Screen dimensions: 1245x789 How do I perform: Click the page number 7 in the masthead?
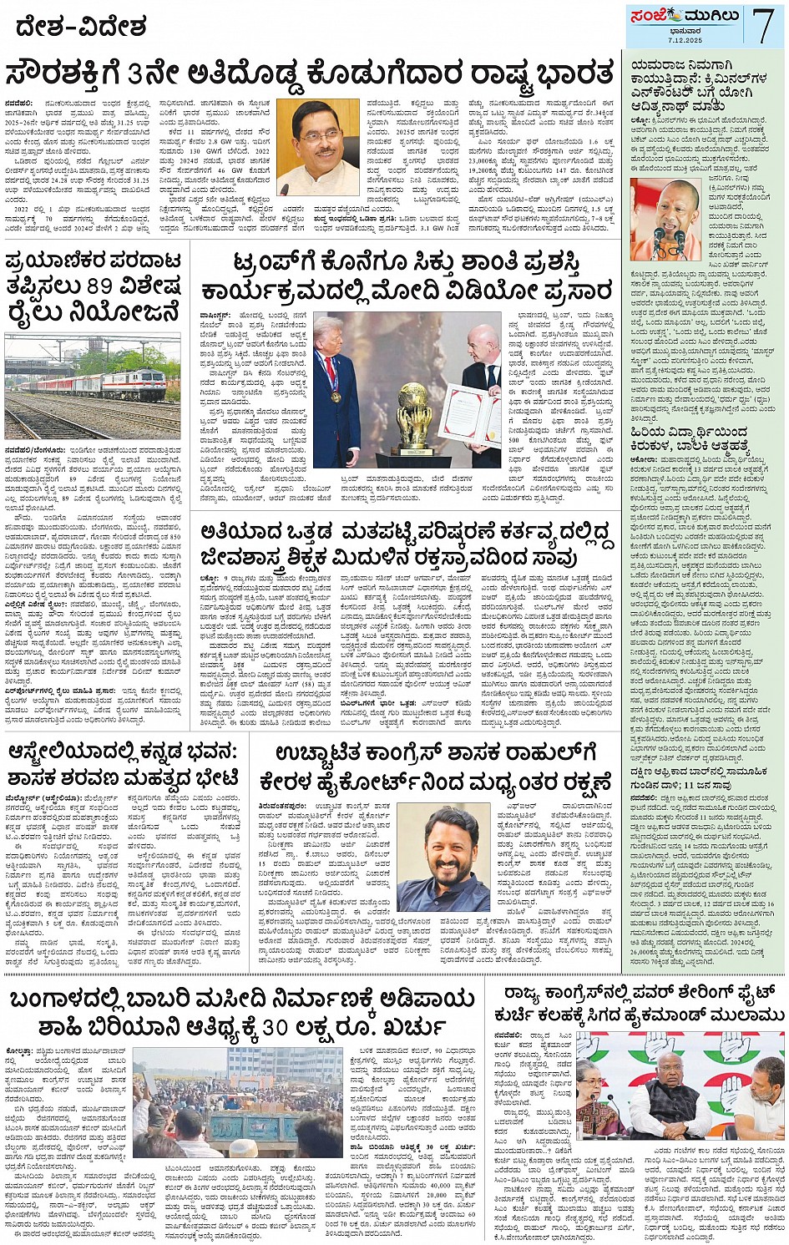[x=763, y=24]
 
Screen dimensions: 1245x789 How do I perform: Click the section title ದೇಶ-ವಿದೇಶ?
[x=81, y=27]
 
